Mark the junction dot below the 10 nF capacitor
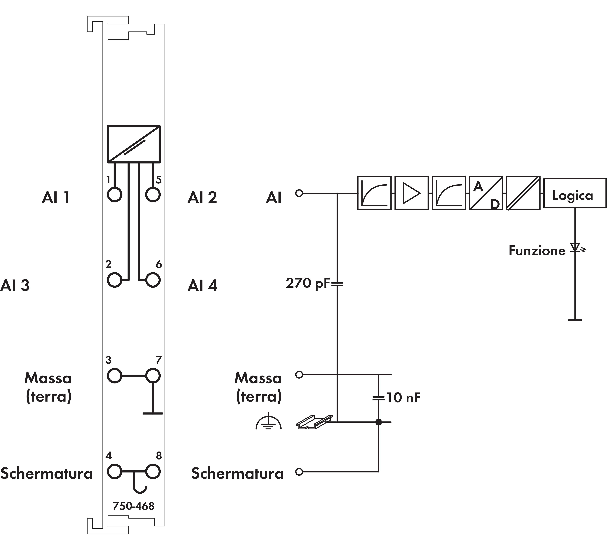coord(379,422)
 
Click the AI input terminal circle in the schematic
coord(299,193)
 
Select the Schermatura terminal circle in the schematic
coord(299,472)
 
